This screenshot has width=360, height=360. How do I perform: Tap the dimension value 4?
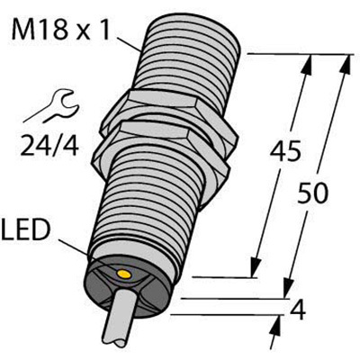coord(298,310)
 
